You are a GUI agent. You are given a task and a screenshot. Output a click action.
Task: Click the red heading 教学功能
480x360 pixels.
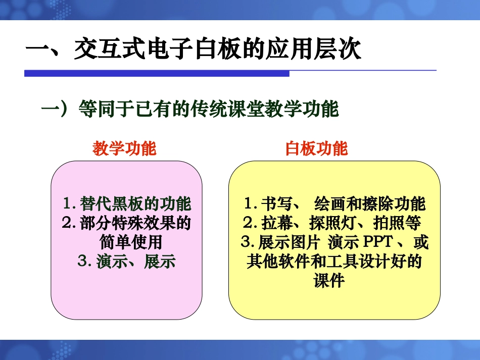tap(124, 148)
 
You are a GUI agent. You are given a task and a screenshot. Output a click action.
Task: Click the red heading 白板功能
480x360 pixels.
tap(316, 148)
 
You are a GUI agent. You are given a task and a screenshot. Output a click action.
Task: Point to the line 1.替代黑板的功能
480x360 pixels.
tap(127, 204)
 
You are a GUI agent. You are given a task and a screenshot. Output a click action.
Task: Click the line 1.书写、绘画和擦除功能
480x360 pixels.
tap(334, 204)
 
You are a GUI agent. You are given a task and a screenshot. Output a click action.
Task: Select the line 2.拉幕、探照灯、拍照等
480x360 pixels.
tap(332, 223)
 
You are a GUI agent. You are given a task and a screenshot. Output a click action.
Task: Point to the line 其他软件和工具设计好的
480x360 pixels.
tap(334, 262)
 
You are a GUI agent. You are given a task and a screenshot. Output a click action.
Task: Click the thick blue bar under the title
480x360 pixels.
tap(157, 74)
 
